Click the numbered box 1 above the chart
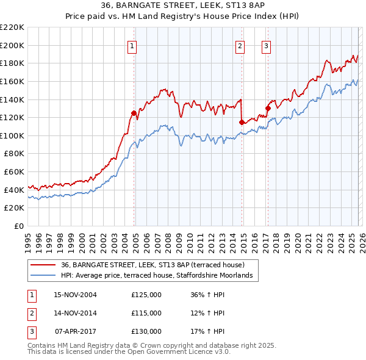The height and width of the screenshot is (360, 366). (132, 45)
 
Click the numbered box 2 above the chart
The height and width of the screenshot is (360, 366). (240, 45)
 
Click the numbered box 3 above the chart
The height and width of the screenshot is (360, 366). (267, 45)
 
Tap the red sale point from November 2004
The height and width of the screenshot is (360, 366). (134, 113)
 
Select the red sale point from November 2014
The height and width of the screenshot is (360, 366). (242, 122)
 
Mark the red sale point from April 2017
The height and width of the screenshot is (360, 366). (268, 108)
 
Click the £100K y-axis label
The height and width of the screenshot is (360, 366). (12, 135)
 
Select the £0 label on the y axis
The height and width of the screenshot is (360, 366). (18, 226)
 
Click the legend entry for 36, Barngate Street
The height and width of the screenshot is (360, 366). (152, 265)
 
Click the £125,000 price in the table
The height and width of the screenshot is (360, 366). (146, 295)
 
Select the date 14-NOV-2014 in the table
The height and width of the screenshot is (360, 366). (76, 313)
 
